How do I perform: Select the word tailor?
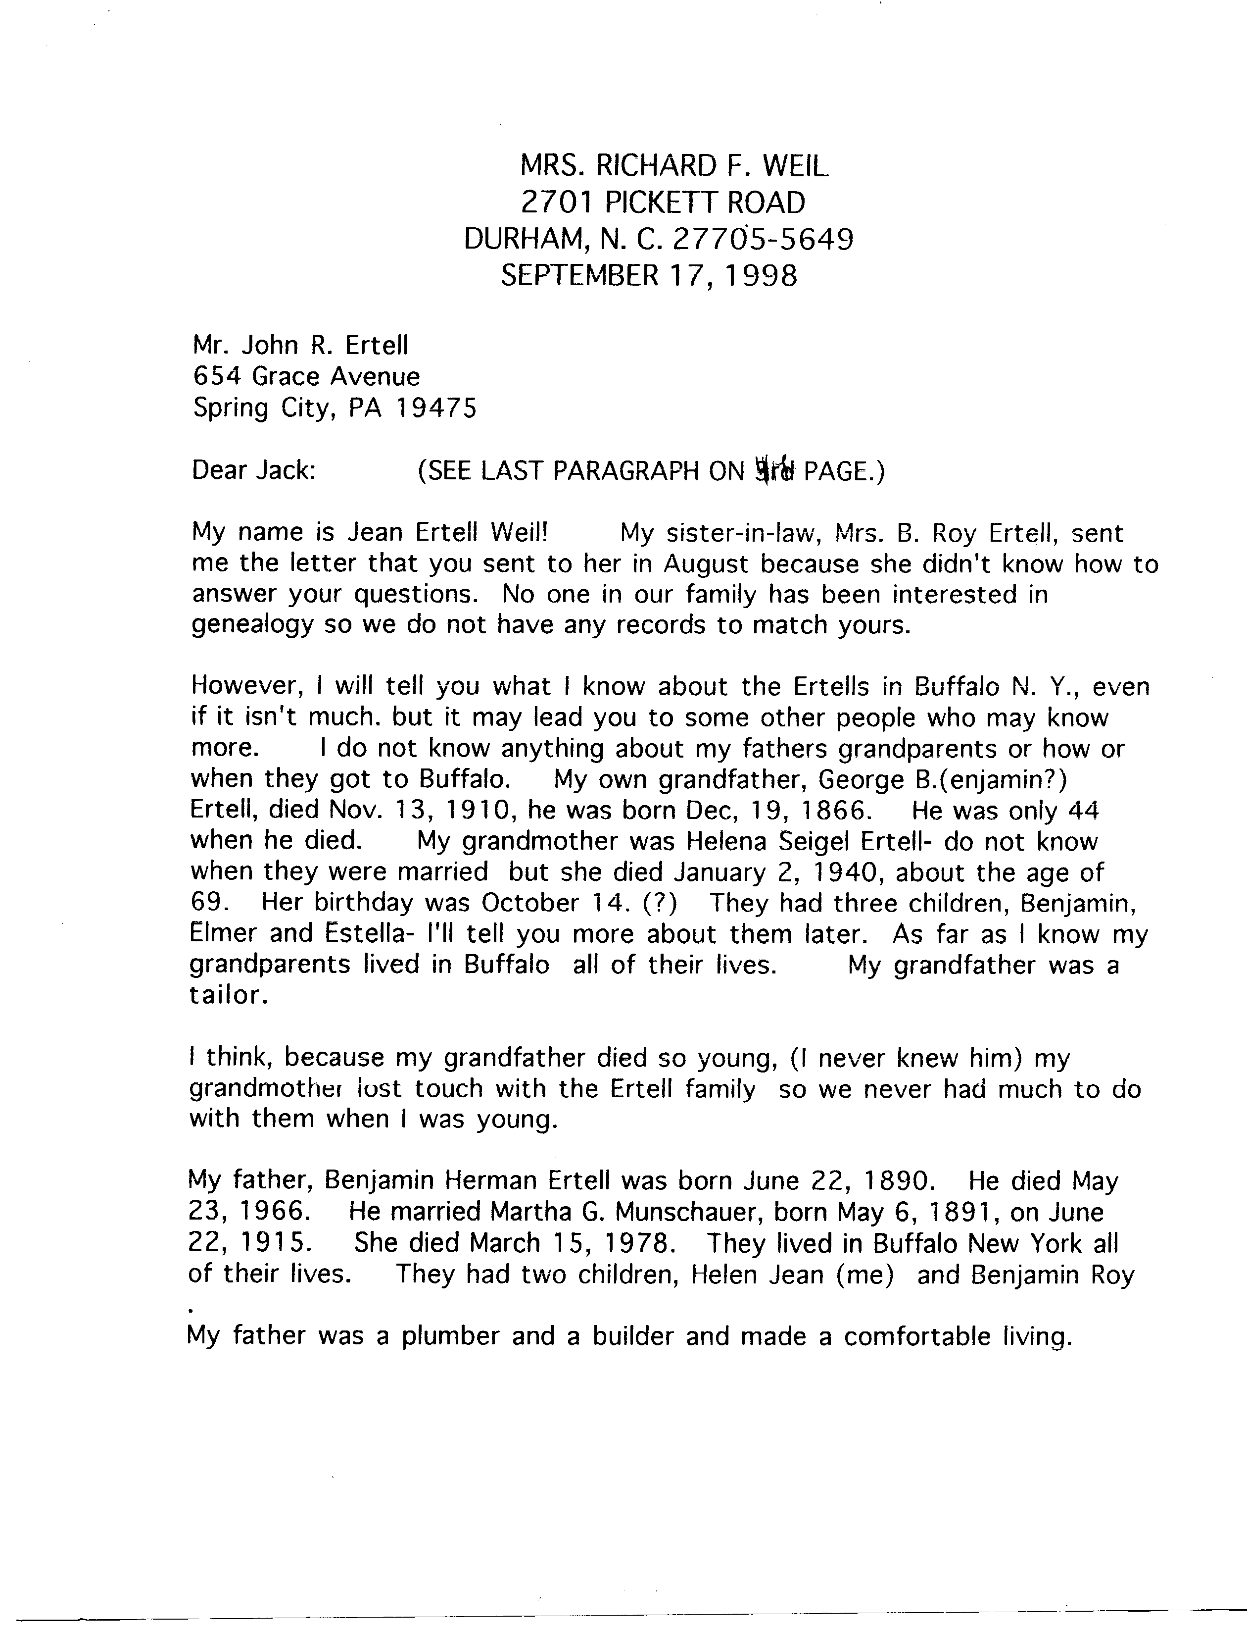click(227, 995)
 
